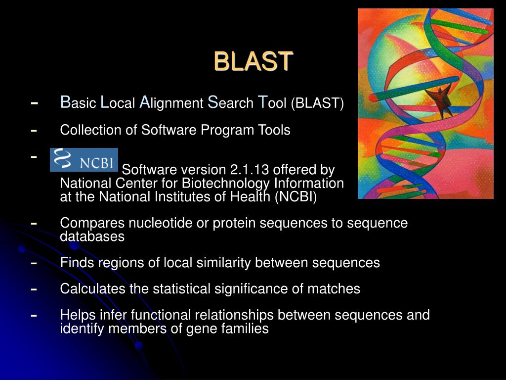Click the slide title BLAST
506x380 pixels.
click(253, 61)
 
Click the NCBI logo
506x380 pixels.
click(84, 159)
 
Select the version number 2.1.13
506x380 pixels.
click(246, 170)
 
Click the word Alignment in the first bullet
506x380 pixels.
click(171, 103)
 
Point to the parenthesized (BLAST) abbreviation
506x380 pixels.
click(317, 103)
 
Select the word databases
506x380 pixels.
click(92, 237)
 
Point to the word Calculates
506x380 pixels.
click(93, 288)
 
